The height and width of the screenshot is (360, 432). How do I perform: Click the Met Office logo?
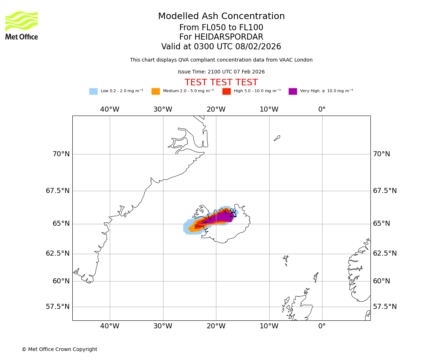pyautogui.click(x=22, y=25)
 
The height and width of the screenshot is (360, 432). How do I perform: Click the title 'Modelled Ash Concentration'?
pyautogui.click(x=221, y=17)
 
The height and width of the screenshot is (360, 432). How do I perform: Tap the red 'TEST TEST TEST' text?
pyautogui.click(x=221, y=83)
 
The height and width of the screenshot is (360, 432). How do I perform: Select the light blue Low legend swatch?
pyautogui.click(x=93, y=91)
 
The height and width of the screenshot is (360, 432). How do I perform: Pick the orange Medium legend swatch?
pyautogui.click(x=156, y=91)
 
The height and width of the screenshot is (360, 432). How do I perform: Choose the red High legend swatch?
pyautogui.click(x=226, y=91)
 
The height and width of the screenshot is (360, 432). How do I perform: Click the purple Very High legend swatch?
pyautogui.click(x=293, y=91)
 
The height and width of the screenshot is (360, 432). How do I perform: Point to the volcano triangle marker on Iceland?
pyautogui.click(x=233, y=213)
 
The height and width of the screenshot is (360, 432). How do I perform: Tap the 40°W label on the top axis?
pyautogui.click(x=110, y=109)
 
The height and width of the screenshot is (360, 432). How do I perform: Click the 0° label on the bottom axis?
pyautogui.click(x=322, y=326)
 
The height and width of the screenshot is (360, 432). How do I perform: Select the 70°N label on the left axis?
pyautogui.click(x=61, y=154)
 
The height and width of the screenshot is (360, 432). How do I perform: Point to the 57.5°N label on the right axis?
pyautogui.click(x=385, y=307)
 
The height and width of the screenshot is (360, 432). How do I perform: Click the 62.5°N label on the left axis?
pyautogui.click(x=58, y=253)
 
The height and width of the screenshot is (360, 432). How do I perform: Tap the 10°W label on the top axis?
pyautogui.click(x=269, y=109)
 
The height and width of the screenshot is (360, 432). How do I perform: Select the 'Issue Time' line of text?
pyautogui.click(x=221, y=72)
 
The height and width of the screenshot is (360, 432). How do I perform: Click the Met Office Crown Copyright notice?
pyautogui.click(x=59, y=350)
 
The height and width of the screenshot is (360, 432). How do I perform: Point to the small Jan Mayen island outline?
pyautogui.click(x=277, y=138)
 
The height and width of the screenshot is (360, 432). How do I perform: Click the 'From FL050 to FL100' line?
pyautogui.click(x=221, y=28)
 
